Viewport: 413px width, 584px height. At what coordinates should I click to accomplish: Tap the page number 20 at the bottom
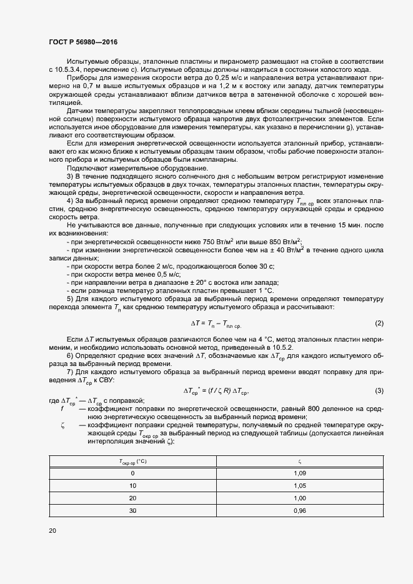pos(52,531)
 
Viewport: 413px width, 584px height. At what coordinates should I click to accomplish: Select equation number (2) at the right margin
pos(379,323)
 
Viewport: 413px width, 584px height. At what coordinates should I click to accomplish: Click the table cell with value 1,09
pos(299,473)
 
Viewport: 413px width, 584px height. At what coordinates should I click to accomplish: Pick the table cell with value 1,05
pos(299,485)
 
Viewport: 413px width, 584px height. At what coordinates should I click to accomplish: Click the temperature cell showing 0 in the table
pos(132,473)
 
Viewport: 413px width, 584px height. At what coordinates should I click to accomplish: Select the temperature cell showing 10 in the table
pos(132,485)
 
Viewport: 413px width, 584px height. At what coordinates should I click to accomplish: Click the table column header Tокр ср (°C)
pos(132,462)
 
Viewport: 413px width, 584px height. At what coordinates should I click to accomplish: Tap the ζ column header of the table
pos(299,462)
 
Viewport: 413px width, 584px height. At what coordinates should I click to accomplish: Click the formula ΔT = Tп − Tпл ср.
pos(216,324)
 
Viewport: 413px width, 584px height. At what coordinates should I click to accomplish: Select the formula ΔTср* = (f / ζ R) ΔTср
pos(220,391)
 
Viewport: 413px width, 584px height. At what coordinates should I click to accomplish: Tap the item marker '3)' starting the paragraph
pos(69,176)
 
